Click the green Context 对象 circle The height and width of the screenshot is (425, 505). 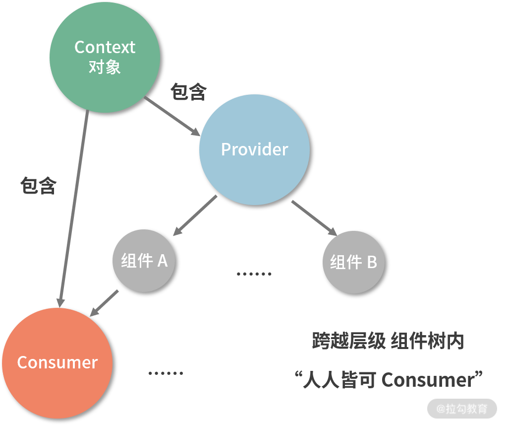[x=105, y=57]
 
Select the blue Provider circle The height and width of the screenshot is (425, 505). [x=254, y=149]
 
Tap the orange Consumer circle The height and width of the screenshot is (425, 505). [x=57, y=362]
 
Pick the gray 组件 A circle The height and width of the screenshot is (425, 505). [x=144, y=261]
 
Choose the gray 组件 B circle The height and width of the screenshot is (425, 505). [x=353, y=262]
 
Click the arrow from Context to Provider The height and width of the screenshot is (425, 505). [x=171, y=116]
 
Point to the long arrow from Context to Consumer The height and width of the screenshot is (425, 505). [x=73, y=209]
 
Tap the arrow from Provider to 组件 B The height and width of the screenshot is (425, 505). [x=314, y=217]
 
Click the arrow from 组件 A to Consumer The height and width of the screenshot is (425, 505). [x=105, y=303]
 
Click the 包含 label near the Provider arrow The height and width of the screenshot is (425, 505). [x=188, y=92]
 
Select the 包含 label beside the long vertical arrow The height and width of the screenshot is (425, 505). [x=39, y=186]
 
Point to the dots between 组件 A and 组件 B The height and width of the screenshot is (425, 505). [x=254, y=274]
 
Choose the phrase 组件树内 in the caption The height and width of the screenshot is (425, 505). [x=427, y=342]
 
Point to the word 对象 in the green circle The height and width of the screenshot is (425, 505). [x=105, y=67]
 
